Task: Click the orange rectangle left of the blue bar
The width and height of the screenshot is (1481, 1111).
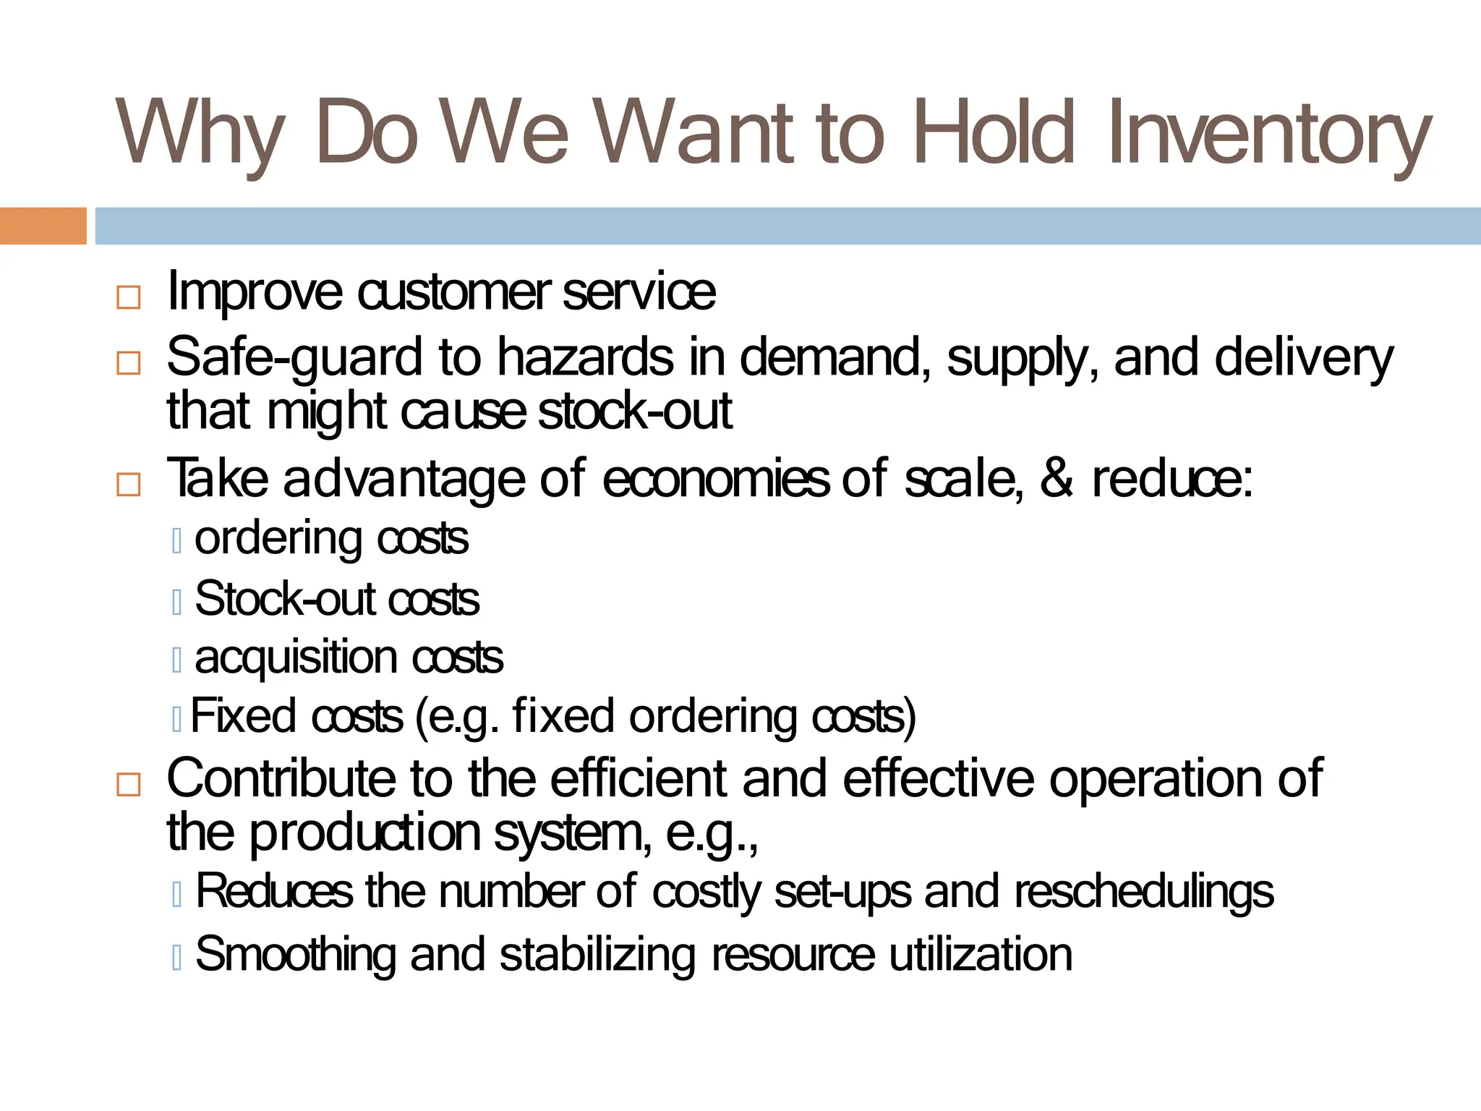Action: pyautogui.click(x=43, y=226)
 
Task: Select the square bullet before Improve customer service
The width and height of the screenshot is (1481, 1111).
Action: pyautogui.click(x=128, y=297)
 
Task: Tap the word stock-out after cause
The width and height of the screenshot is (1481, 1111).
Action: pyautogui.click(x=635, y=411)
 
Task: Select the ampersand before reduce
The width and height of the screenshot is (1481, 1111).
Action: pyautogui.click(x=1057, y=479)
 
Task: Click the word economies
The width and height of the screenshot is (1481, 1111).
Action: pyautogui.click(x=715, y=479)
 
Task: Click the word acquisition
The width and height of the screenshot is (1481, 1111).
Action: pyautogui.click(x=296, y=658)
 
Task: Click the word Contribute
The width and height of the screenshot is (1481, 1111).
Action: pyautogui.click(x=281, y=778)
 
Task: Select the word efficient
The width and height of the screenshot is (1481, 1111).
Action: pyautogui.click(x=637, y=778)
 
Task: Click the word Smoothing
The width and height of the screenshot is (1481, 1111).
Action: pyautogui.click(x=295, y=955)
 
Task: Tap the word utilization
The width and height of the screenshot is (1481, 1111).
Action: pyautogui.click(x=980, y=955)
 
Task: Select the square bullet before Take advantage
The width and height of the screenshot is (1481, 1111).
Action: pyautogui.click(x=128, y=484)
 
